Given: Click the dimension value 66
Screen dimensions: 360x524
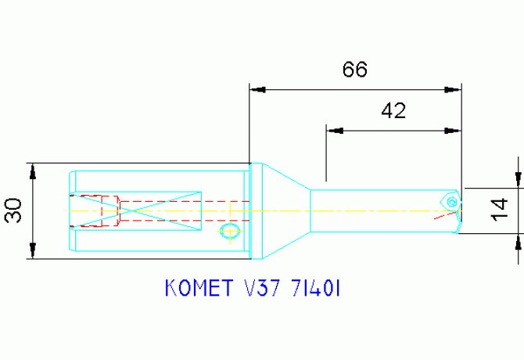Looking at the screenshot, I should (354, 70).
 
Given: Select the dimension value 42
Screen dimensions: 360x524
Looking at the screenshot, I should (393, 111).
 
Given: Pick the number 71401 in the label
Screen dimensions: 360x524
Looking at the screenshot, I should (314, 289).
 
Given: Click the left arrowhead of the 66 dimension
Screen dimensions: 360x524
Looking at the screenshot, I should (257, 90).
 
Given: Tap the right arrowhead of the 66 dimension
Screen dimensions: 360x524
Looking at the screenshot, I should (453, 90).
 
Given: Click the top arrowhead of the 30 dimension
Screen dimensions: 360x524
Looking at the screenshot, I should (32, 171).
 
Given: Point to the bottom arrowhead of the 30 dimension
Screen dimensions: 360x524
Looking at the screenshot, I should (32, 251).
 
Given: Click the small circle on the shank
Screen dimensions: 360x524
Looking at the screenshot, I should (228, 231).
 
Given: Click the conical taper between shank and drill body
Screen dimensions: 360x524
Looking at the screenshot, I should (282, 211).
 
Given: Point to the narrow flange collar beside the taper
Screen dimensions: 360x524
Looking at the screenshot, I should (250, 211).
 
